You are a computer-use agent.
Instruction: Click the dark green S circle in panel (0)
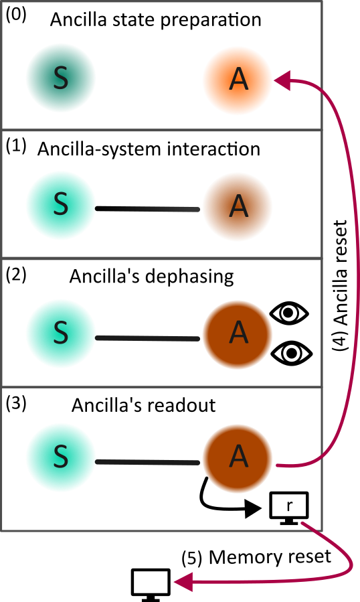click(62, 79)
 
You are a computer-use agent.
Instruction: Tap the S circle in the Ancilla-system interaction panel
click(61, 207)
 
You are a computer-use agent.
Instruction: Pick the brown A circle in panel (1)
click(237, 208)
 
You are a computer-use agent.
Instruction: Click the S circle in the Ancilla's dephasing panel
click(61, 337)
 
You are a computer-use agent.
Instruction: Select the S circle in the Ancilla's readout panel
click(61, 461)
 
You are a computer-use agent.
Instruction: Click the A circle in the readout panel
click(237, 458)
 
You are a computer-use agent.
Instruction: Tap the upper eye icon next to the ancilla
click(290, 312)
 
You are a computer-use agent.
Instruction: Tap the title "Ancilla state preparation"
click(156, 19)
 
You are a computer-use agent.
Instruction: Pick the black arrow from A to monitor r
click(221, 502)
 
